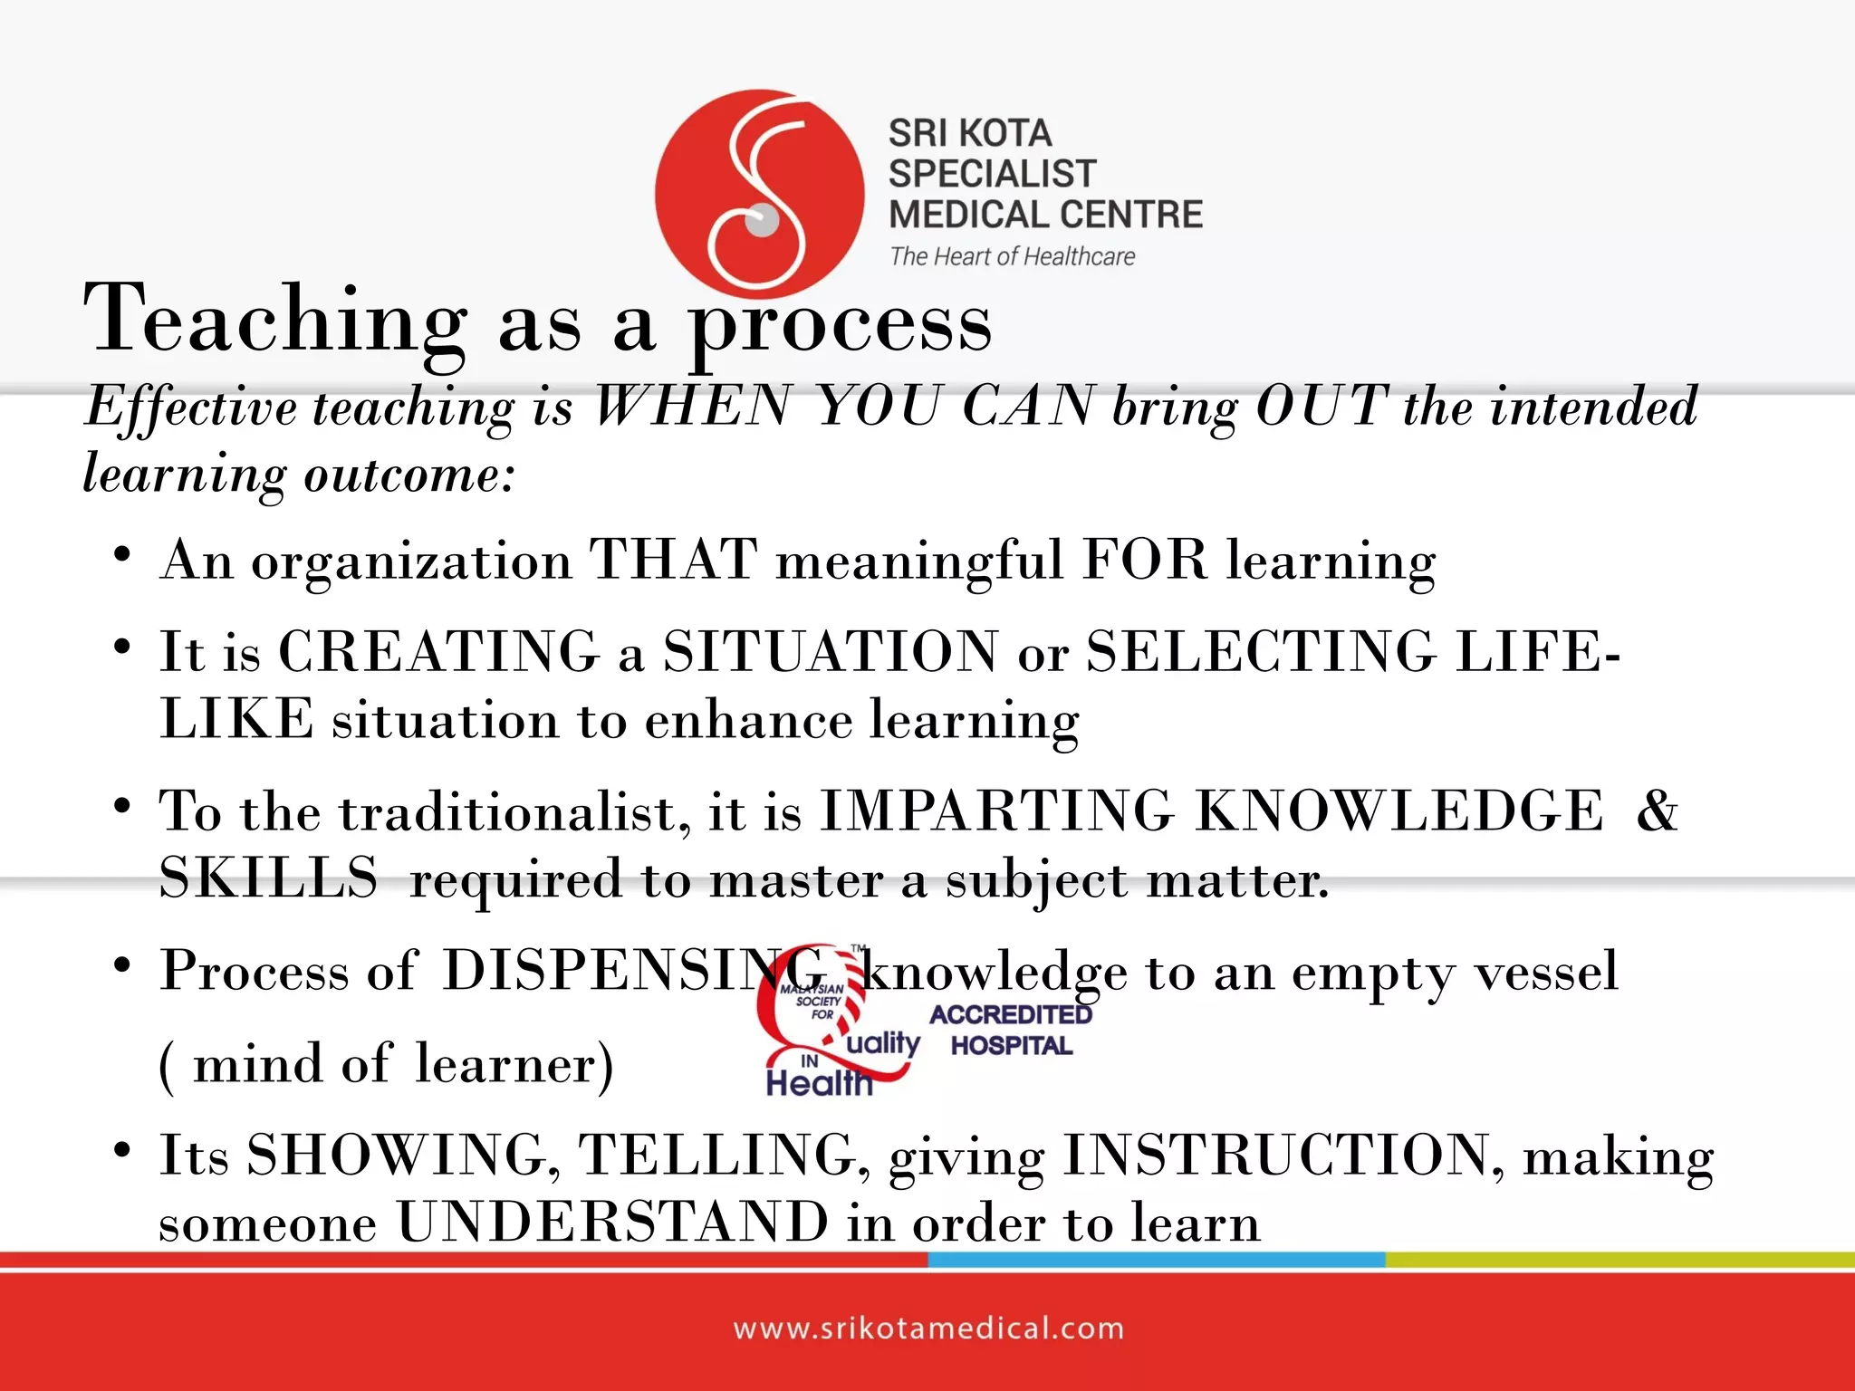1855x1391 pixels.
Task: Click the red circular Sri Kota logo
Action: pos(759,192)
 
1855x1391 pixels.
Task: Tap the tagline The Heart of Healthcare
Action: pos(1012,257)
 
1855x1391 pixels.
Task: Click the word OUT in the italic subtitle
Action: pos(1322,406)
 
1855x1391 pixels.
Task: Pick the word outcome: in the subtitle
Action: pos(409,474)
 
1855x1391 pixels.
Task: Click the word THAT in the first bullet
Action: pos(673,559)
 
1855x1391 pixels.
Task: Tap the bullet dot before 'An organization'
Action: pos(123,553)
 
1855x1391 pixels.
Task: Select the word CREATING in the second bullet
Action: pos(439,651)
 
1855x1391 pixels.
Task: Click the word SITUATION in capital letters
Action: pos(830,651)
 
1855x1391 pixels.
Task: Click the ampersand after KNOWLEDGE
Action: pos(1657,810)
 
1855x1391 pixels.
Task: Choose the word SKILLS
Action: pos(268,878)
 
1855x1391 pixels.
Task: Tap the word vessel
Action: pos(1545,972)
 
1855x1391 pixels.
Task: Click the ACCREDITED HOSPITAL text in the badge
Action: pos(1011,1030)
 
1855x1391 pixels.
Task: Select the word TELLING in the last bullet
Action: pos(717,1155)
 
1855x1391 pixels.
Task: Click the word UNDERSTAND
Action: pos(612,1222)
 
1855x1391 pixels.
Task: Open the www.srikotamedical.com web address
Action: pos(928,1329)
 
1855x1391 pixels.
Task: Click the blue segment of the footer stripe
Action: pos(1156,1260)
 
